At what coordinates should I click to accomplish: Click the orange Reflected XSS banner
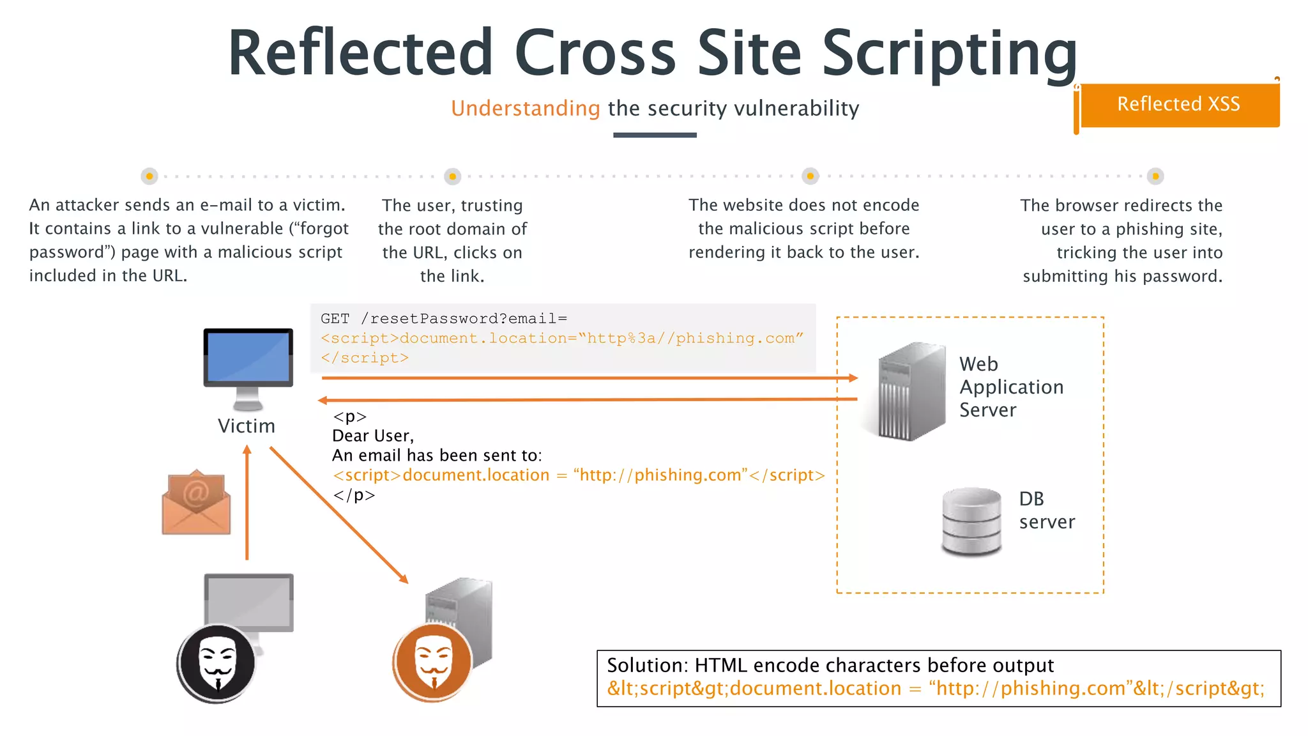point(1179,104)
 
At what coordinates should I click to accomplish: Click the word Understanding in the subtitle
point(525,109)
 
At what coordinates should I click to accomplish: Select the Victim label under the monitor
point(247,426)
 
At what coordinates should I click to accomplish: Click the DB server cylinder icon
point(971,521)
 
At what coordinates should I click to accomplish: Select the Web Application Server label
point(1011,387)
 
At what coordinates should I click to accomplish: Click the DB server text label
point(1046,510)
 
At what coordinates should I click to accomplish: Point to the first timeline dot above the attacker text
point(149,176)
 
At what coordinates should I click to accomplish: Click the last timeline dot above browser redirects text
point(1155,176)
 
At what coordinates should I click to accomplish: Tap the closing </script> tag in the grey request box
point(365,358)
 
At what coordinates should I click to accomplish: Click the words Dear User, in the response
point(373,436)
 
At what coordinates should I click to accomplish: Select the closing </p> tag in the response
point(354,495)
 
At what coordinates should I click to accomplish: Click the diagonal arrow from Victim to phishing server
point(338,515)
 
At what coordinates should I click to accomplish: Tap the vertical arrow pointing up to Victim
point(247,505)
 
